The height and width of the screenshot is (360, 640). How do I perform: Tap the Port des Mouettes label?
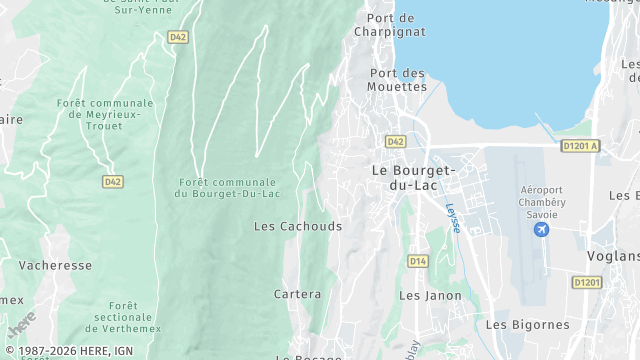(398, 80)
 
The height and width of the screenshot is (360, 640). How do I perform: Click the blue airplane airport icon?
(542, 230)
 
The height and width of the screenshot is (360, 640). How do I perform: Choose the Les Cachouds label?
(298, 226)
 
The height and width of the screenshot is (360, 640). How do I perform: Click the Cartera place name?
(298, 294)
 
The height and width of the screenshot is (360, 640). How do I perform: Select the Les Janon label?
(430, 295)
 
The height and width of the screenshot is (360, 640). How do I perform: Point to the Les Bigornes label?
(527, 324)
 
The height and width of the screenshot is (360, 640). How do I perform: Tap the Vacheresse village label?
(55, 265)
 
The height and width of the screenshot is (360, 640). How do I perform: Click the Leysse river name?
(453, 218)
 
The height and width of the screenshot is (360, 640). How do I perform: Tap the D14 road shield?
(417, 261)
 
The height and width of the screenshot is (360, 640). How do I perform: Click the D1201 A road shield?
(580, 146)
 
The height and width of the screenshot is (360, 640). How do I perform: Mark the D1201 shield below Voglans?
(586, 283)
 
